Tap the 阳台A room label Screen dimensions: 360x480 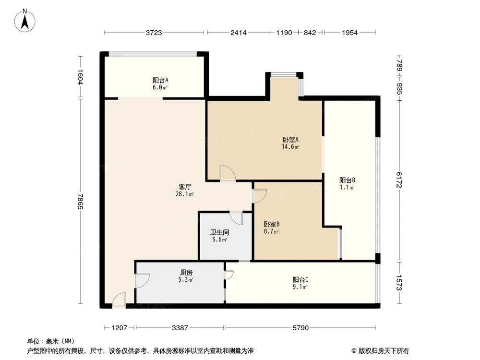pyautogui.click(x=160, y=81)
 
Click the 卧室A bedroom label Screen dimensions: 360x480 pyautogui.click(x=290, y=140)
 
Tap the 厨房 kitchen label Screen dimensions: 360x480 pyautogui.click(x=186, y=272)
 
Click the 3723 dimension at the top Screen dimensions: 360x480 pyautogui.click(x=155, y=33)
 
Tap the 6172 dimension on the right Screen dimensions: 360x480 pyautogui.click(x=398, y=180)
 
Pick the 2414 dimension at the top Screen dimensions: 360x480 pyautogui.click(x=238, y=33)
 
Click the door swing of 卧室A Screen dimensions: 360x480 pyautogui.click(x=227, y=173)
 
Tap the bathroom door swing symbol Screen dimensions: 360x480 pyautogui.click(x=237, y=218)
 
